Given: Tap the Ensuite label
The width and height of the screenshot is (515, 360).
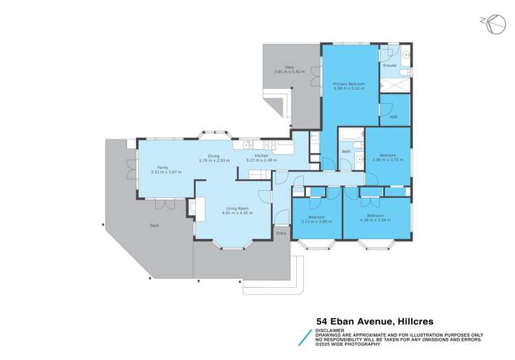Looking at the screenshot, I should pos(390,66).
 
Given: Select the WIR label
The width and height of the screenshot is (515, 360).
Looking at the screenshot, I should pos(393,117).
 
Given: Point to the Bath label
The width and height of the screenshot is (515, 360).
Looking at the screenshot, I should pos(347,151).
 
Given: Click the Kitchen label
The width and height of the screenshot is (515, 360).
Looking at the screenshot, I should pos(262,156).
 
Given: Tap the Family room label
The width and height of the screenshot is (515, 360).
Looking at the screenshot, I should pos(163,167).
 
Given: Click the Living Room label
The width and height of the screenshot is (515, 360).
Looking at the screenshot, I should pos(234,208).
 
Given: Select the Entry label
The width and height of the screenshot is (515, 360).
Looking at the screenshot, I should pos(281,234).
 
